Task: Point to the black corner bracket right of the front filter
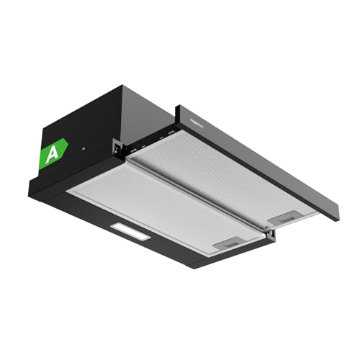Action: [269, 234]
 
